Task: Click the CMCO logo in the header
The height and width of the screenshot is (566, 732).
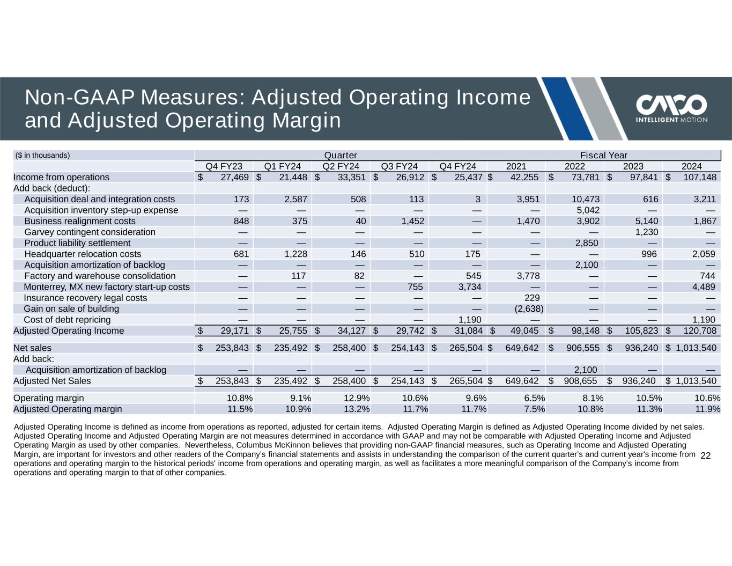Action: (671, 108)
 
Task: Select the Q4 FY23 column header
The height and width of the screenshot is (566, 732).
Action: (224, 166)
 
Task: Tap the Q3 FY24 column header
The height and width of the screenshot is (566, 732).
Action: (399, 166)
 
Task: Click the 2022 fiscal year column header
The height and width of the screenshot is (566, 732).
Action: (575, 166)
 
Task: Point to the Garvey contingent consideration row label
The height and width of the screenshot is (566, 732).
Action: (90, 232)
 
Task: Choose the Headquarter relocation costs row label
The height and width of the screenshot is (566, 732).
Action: (83, 254)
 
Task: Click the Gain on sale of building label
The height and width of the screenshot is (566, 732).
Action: (71, 309)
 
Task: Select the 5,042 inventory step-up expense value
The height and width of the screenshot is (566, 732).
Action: (588, 210)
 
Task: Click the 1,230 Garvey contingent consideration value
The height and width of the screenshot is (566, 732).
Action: (646, 232)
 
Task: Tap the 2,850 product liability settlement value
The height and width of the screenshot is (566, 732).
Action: (587, 243)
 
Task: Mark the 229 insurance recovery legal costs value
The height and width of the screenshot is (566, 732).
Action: (532, 298)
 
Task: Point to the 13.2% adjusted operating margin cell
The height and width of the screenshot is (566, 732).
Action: (357, 409)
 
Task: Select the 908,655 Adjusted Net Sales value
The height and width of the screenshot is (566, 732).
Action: (580, 381)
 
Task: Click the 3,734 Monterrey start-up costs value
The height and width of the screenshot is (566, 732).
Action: (470, 287)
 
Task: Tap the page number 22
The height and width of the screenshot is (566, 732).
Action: (705, 456)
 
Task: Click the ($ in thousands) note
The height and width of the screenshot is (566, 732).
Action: (42, 155)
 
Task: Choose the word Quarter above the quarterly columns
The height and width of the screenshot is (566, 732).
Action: (340, 155)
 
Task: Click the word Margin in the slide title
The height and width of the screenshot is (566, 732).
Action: (307, 121)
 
